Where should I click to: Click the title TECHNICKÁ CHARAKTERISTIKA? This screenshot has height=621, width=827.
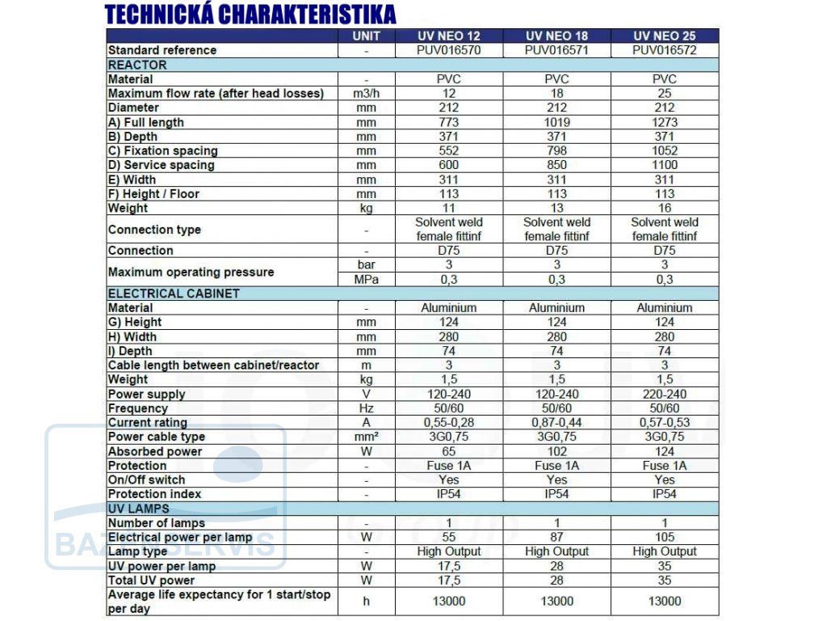tap(250, 15)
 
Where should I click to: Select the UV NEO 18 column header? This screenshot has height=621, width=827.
tap(556, 36)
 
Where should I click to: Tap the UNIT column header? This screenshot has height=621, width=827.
tap(366, 36)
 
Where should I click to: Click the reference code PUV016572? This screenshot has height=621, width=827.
tap(664, 50)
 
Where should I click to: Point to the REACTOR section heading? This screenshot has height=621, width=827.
tap(137, 65)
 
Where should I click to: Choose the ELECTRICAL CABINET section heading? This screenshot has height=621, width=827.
tap(174, 294)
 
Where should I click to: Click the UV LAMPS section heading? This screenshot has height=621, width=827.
tap(139, 509)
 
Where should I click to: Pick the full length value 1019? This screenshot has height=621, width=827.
tap(556, 123)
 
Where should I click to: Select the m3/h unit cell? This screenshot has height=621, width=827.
tap(366, 94)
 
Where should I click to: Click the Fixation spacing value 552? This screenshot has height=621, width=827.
tap(449, 151)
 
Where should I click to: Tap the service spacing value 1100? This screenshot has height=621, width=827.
tap(665, 165)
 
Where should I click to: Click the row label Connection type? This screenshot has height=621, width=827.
tap(154, 230)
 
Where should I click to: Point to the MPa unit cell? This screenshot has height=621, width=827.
tap(366, 279)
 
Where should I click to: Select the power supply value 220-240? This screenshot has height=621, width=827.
tap(665, 395)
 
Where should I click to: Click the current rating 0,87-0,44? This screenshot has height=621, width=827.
tap(556, 422)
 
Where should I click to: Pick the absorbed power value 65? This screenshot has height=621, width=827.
tap(449, 451)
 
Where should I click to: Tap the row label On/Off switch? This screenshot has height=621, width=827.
tap(147, 480)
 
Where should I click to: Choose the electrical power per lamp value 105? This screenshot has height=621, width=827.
tap(665, 537)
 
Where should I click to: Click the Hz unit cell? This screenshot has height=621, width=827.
tap(366, 408)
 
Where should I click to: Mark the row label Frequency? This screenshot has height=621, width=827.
tap(137, 408)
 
